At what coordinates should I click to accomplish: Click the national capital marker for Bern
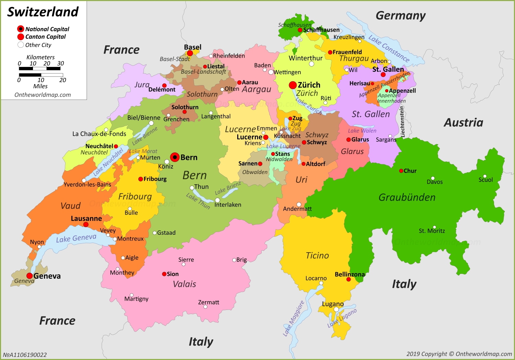click(175, 158)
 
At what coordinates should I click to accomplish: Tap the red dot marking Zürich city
click(293, 85)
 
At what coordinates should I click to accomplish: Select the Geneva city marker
click(30, 276)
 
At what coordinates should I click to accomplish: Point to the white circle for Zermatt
click(205, 307)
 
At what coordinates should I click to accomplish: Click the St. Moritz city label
click(432, 231)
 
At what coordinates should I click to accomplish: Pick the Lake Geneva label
click(76, 238)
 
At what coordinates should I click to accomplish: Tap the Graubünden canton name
click(407, 197)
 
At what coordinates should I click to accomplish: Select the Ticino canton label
click(317, 256)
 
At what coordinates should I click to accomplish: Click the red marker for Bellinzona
click(348, 279)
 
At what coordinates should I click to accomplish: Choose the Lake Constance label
click(389, 49)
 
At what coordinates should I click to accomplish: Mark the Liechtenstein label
click(403, 122)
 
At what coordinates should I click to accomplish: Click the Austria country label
click(463, 123)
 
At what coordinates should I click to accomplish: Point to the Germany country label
click(400, 16)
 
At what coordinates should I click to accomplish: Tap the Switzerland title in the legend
click(43, 12)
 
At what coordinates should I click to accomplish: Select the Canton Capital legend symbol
click(21, 37)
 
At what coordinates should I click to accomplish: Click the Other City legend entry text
click(38, 45)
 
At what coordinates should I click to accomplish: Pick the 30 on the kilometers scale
click(60, 63)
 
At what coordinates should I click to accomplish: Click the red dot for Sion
click(164, 274)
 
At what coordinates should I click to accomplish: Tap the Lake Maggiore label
click(294, 318)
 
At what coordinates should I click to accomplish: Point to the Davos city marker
click(433, 178)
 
